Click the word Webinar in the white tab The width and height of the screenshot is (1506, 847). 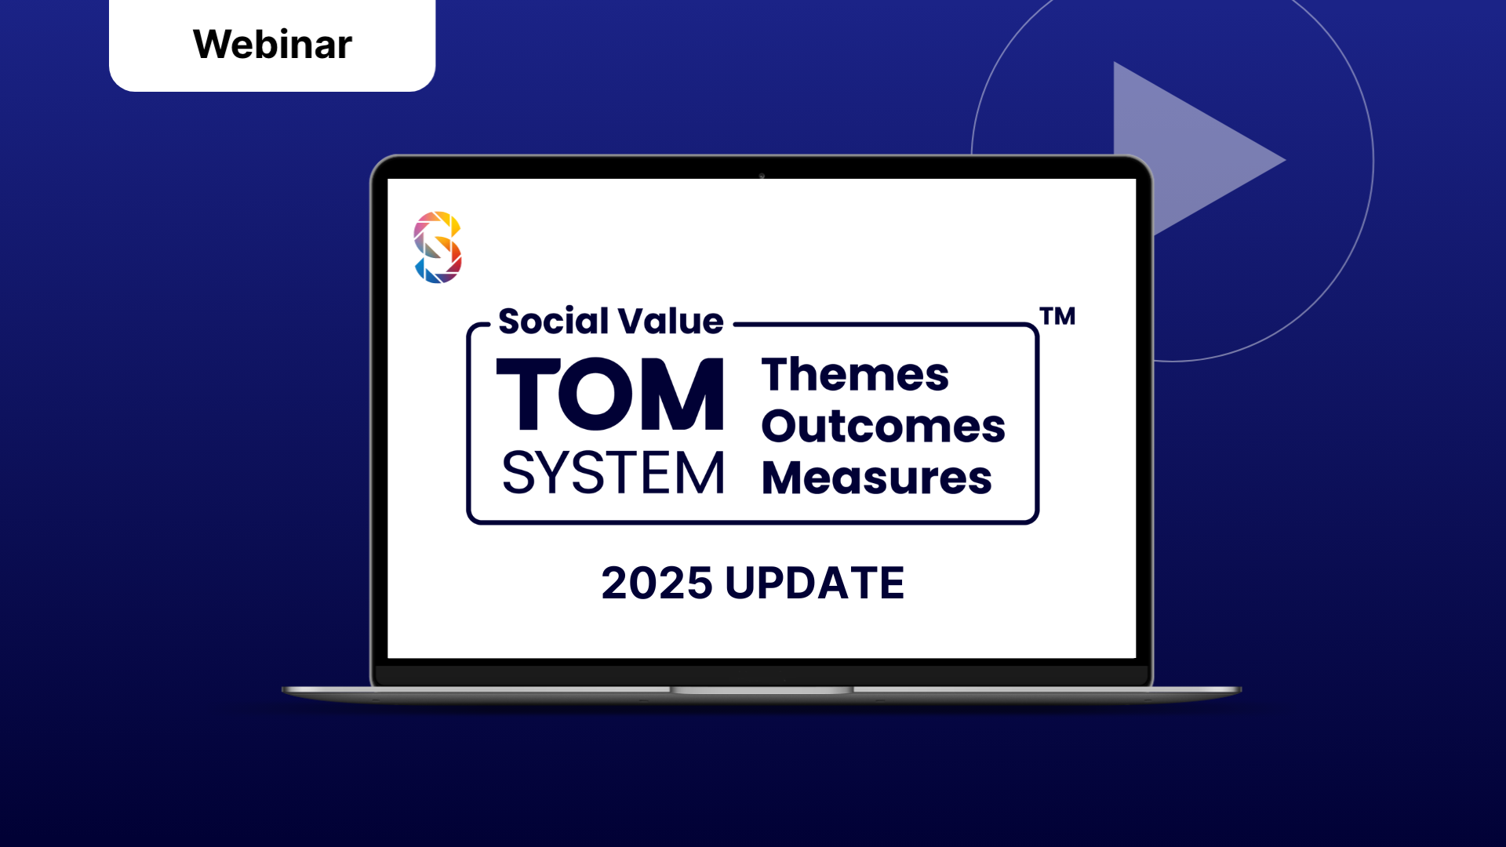(272, 44)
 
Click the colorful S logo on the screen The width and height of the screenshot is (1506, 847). (438, 247)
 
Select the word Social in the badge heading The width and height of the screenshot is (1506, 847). (553, 322)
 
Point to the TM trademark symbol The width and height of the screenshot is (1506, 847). (1057, 316)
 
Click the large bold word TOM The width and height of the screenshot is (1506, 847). (610, 394)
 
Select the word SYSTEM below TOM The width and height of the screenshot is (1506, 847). (613, 474)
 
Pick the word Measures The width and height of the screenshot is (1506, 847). (877, 478)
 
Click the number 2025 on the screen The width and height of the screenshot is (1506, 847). (657, 583)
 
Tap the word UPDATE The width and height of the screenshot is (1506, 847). (814, 583)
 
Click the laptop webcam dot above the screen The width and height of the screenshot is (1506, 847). (762, 176)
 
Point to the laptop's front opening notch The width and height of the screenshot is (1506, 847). (762, 690)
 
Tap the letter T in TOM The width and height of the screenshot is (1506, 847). (529, 394)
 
